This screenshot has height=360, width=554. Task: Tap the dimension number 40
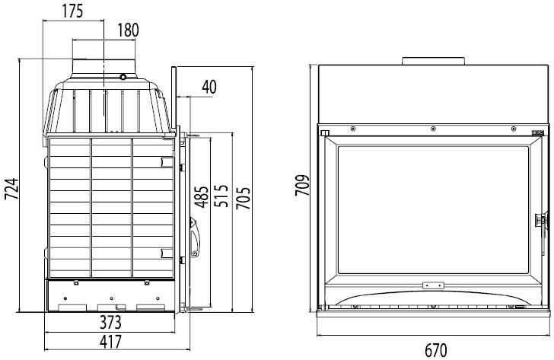point(208,87)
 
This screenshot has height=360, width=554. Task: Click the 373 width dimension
point(110,323)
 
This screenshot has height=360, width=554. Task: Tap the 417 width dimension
point(110,342)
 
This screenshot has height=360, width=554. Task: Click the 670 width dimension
point(435,351)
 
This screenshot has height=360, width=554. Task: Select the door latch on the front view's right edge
point(542,221)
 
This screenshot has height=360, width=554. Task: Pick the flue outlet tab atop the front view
point(431,61)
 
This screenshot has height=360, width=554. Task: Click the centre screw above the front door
point(431,127)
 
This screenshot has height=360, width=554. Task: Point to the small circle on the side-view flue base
point(122,77)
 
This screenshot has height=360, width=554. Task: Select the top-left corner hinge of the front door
point(325,133)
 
